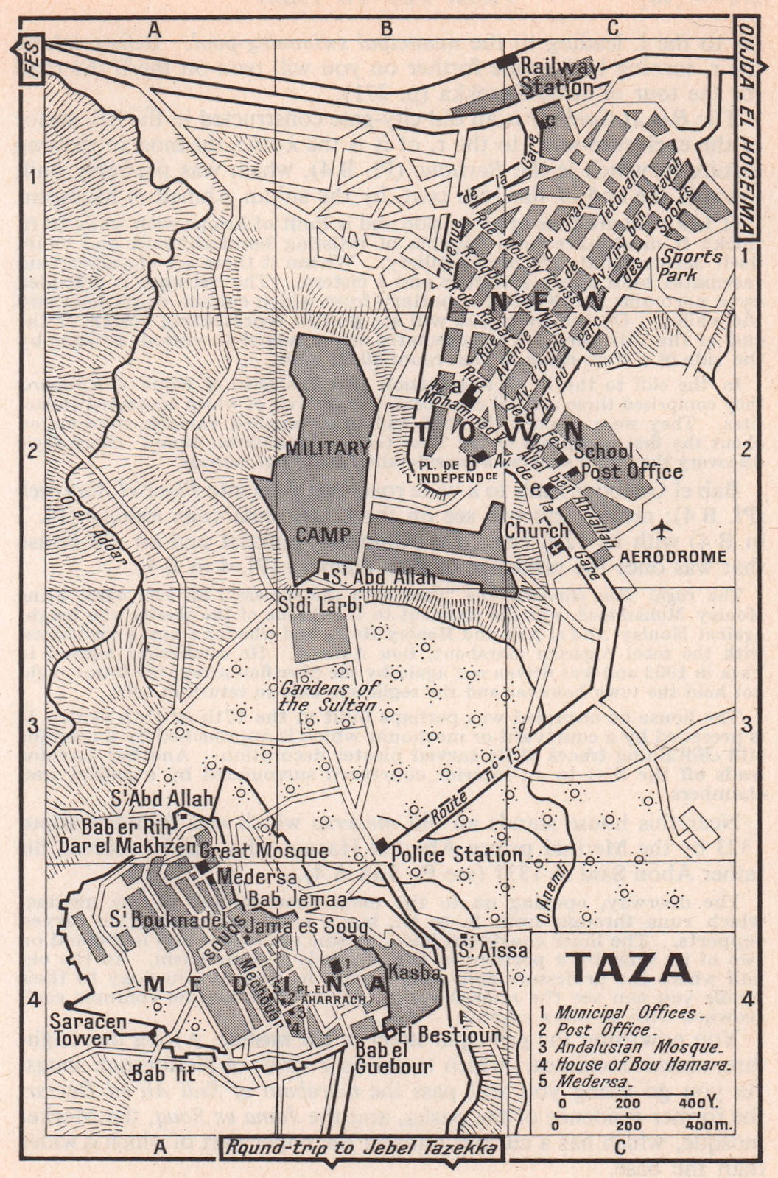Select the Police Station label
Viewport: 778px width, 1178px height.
click(x=456, y=855)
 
